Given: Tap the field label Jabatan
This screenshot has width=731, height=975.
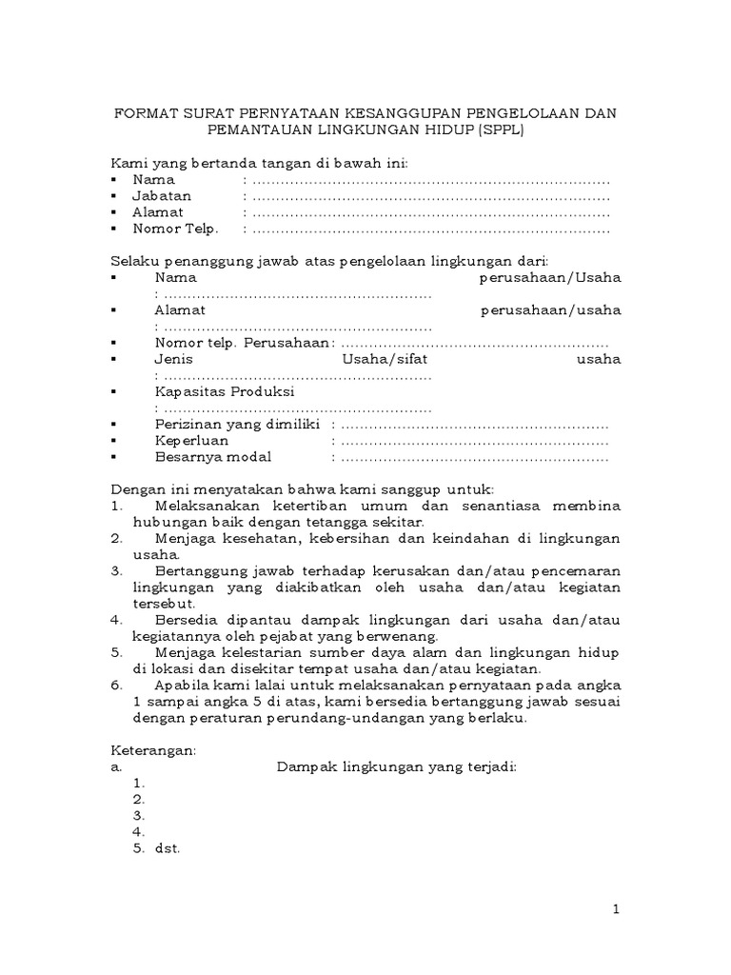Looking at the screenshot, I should (162, 195).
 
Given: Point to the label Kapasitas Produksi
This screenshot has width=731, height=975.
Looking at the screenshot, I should (225, 391).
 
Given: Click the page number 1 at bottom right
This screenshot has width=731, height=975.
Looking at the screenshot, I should (617, 910).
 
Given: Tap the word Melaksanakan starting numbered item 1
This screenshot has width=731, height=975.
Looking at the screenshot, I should (208, 505).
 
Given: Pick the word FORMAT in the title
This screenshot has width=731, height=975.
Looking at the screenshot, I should (141, 113).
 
